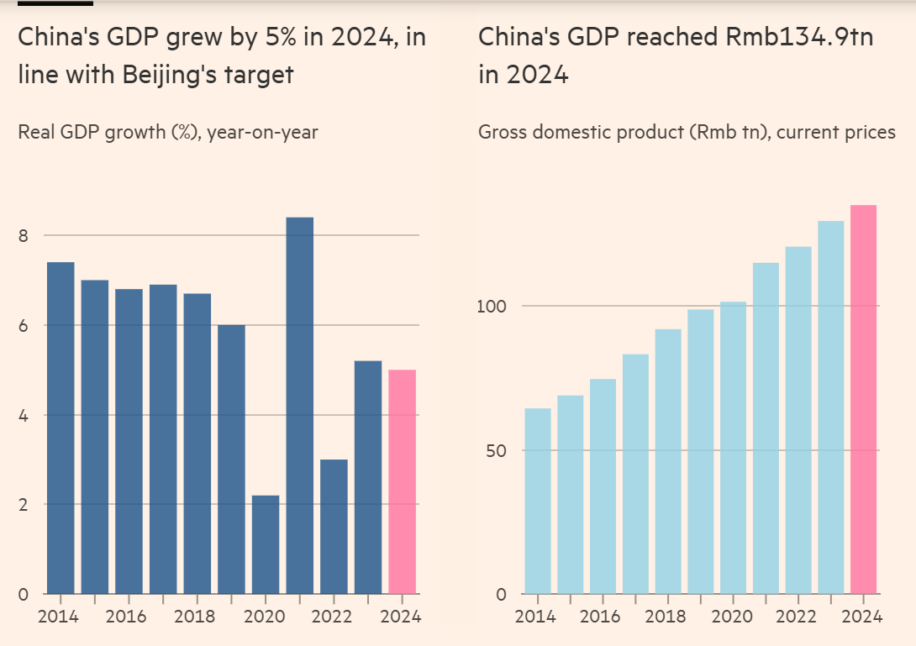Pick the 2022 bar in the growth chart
click(334, 527)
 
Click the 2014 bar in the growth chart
click(61, 428)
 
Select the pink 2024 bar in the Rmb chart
click(863, 400)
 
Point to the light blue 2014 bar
click(538, 502)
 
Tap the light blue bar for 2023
click(830, 407)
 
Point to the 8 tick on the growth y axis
click(24, 236)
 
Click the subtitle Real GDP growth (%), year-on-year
click(168, 132)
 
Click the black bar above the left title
click(55, 3)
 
